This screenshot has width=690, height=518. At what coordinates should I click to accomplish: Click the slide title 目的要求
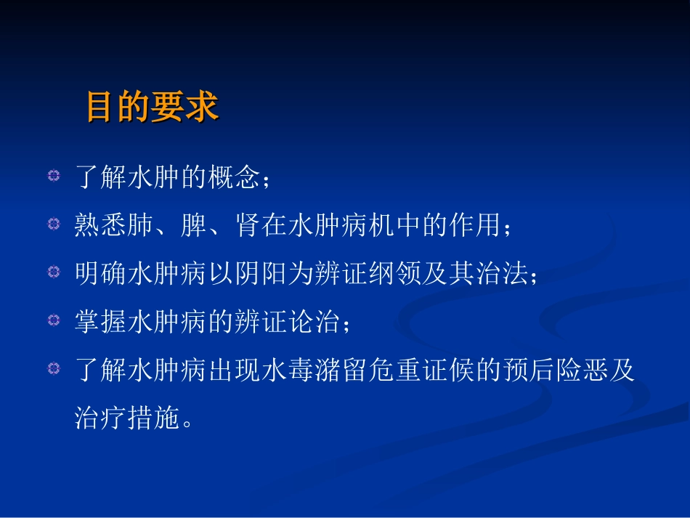[152, 107]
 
